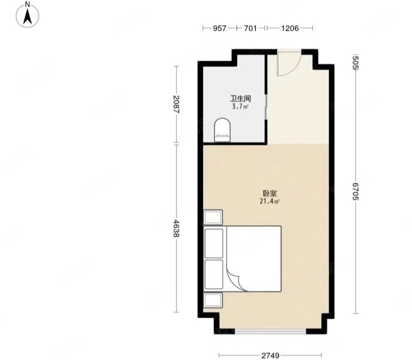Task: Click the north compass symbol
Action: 27,14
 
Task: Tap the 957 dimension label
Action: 219,28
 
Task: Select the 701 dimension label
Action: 250,28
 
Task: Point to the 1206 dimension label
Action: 290,28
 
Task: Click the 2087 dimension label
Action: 176,104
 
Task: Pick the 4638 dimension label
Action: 176,228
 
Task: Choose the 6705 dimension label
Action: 355,191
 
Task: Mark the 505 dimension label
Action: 355,62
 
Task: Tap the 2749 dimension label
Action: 270,355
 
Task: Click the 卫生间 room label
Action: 240,99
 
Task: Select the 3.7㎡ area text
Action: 240,106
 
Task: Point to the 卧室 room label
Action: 270,193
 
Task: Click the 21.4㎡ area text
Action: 269,201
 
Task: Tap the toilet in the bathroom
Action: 222,130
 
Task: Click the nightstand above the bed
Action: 213,217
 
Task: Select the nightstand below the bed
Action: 213,300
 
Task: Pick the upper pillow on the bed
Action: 214,243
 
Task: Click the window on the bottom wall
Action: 270,331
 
